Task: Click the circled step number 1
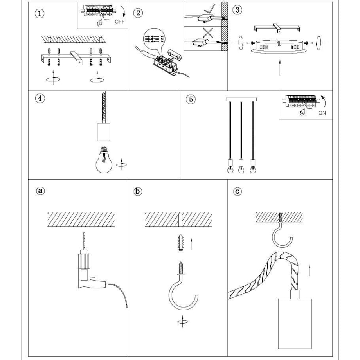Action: coord(40,13)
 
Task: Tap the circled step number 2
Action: coord(138,13)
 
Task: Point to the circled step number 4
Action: coord(40,98)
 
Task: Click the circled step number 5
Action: coord(191,99)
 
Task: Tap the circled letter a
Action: coord(40,191)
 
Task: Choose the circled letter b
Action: coord(138,191)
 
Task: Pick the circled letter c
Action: coord(237,191)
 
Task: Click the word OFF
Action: coord(119,22)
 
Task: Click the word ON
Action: coord(322,113)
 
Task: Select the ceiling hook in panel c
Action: coord(282,235)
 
